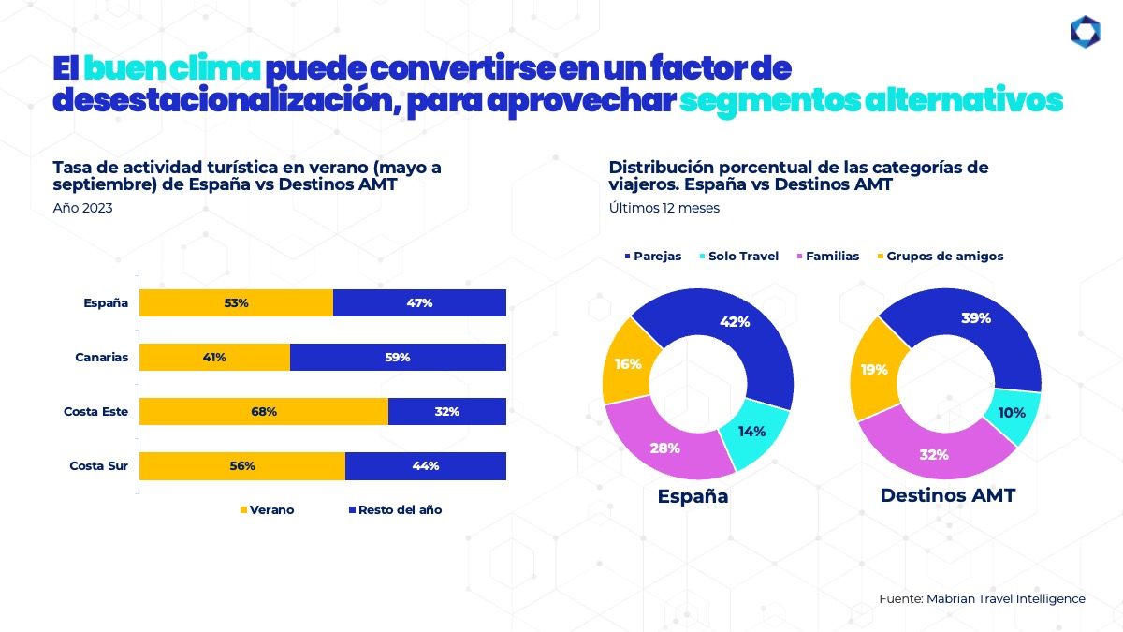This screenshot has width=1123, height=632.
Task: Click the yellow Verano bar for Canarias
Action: pos(214,357)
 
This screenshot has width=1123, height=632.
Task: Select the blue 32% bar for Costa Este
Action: pos(446,411)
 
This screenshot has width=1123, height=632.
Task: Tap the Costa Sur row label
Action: pos(98,465)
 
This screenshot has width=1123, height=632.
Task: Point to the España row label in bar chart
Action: pos(105,302)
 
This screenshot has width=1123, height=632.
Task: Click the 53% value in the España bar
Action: pos(236,302)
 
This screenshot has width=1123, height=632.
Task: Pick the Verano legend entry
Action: pos(268,510)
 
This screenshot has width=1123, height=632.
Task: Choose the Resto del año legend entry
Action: pos(395,510)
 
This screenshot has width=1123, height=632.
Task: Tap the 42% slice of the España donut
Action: pos(736,322)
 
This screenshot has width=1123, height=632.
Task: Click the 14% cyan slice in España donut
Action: pos(751,432)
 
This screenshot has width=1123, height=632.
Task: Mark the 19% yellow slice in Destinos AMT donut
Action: pos(874,370)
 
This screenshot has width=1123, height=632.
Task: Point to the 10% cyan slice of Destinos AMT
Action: pos(1012,413)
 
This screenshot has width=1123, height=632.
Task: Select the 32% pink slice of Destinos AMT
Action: pos(934,455)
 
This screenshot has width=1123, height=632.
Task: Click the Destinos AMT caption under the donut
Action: pos(947,496)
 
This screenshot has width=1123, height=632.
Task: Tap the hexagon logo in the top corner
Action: pos(1085,31)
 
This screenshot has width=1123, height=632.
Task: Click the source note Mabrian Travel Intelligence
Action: pos(982,598)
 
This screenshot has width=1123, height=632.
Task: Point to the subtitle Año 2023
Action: pos(83,208)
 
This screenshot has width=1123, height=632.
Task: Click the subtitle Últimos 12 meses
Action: pos(664,208)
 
